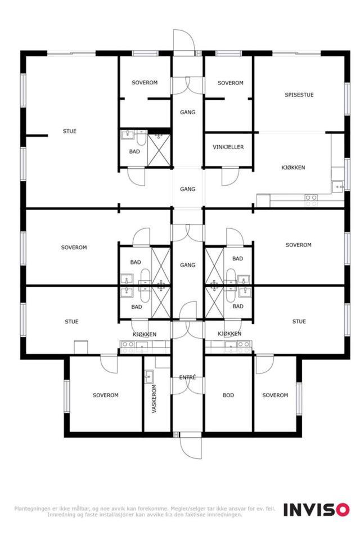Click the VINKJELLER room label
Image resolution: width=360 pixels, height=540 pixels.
(228, 147)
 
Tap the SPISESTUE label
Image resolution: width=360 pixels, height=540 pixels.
(299, 94)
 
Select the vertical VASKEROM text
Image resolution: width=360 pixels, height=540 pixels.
(154, 398)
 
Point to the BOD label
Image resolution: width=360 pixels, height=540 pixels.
(228, 395)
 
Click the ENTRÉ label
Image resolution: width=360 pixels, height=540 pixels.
(187, 377)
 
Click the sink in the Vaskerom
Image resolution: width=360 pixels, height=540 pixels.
(149, 376)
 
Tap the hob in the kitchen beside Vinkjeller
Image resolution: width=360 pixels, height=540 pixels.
(311, 200)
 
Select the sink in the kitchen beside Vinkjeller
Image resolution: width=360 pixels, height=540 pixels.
(337, 187)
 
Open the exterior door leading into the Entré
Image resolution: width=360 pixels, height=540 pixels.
(191, 446)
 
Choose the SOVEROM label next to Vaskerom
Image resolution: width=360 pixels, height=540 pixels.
(105, 395)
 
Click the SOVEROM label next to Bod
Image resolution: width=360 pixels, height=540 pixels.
(275, 395)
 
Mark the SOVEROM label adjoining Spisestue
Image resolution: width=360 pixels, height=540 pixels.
(231, 83)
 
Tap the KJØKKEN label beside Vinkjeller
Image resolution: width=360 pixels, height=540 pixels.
(293, 168)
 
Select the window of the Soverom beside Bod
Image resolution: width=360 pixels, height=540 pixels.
(299, 394)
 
